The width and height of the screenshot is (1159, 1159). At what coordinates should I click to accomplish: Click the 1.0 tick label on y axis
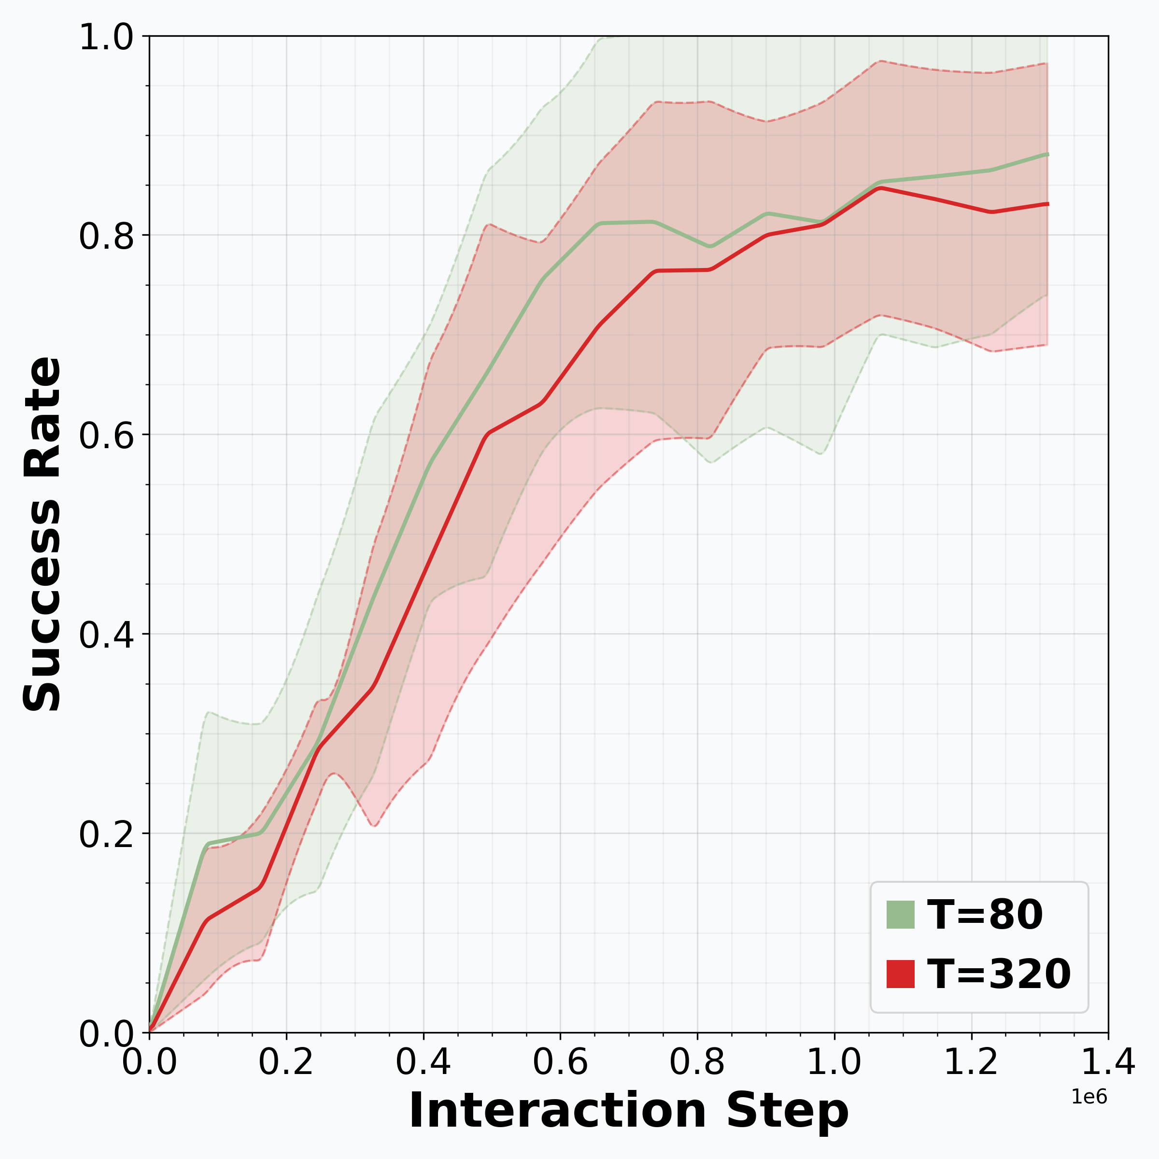point(106,38)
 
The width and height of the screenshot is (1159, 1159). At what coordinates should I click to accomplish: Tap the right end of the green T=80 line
point(1047,155)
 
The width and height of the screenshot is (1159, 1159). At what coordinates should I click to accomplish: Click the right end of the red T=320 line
point(1047,205)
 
